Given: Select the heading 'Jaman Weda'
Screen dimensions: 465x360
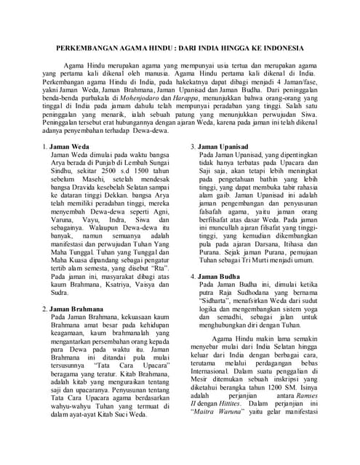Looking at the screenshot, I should pos(69,147).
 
